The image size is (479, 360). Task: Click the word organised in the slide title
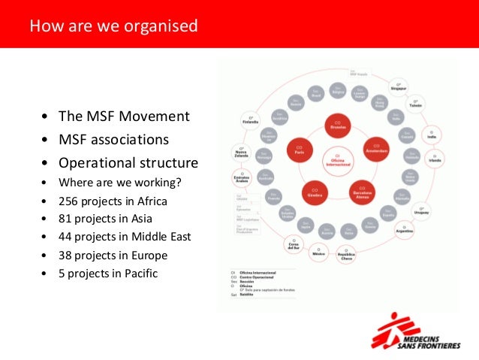click(156, 27)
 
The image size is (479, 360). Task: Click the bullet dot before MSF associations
click(47, 141)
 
